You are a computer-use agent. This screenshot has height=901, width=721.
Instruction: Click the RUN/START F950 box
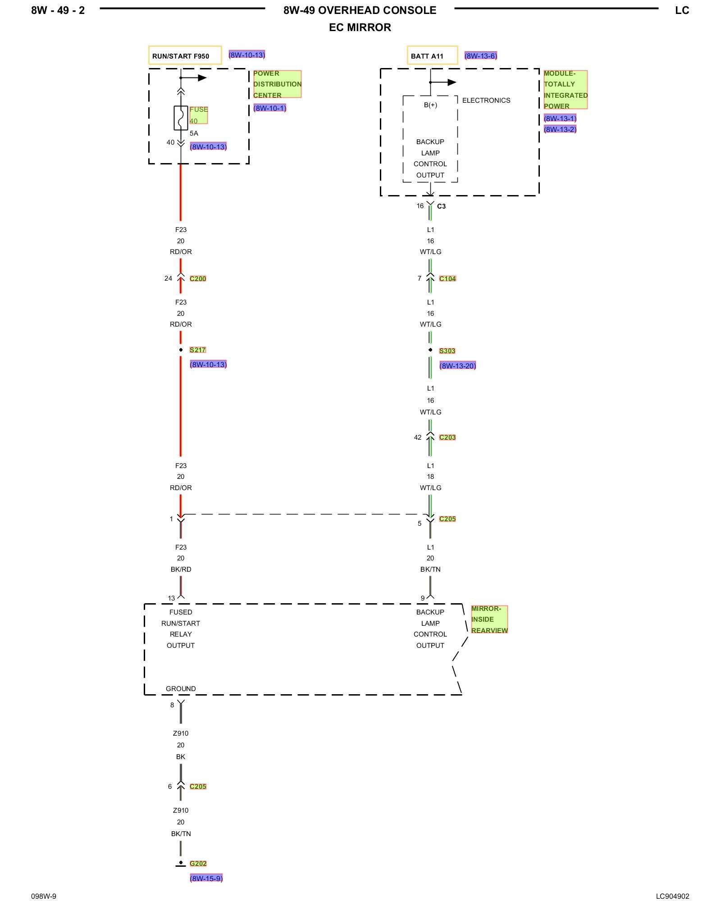(x=185, y=55)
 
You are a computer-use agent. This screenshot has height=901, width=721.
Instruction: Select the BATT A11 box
(x=432, y=55)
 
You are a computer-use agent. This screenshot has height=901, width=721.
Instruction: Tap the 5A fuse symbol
(x=181, y=118)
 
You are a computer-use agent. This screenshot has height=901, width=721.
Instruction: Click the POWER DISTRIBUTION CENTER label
(x=277, y=84)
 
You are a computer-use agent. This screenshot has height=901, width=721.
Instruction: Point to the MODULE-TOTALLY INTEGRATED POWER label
(x=565, y=90)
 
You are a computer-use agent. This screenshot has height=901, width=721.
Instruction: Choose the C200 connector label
(x=198, y=279)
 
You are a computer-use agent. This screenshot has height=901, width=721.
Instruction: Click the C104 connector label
(x=447, y=279)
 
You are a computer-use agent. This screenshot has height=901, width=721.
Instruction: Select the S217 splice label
(x=197, y=350)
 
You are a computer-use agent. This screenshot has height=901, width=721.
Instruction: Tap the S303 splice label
(x=447, y=351)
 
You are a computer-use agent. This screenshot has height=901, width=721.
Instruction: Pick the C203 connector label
(x=447, y=437)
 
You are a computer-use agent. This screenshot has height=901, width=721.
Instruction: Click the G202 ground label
(x=198, y=864)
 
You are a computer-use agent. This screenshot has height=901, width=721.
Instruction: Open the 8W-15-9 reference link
(x=206, y=878)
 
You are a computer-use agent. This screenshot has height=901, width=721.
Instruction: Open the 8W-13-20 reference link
(x=457, y=366)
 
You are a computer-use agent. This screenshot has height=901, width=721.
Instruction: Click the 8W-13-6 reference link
(x=481, y=56)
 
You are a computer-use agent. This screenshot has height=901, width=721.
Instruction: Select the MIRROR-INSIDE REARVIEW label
(x=489, y=619)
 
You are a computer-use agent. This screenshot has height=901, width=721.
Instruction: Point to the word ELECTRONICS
(x=486, y=100)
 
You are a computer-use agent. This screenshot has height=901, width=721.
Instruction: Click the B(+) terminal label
(x=430, y=105)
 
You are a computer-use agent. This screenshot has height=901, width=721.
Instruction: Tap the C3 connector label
(x=441, y=206)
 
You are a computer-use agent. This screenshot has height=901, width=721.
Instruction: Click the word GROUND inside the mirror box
(x=181, y=689)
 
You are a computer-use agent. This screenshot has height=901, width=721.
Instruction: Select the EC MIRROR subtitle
(x=360, y=27)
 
